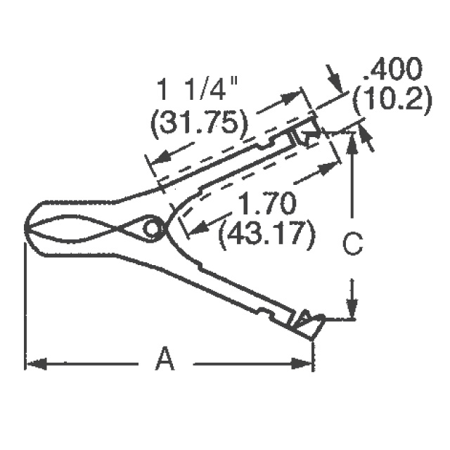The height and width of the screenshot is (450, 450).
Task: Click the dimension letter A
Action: (x=165, y=361)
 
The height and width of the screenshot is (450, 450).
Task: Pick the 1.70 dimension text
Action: (x=266, y=205)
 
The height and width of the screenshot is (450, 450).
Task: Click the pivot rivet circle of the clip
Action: (x=152, y=229)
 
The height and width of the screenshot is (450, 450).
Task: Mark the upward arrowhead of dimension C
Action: (x=352, y=137)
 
